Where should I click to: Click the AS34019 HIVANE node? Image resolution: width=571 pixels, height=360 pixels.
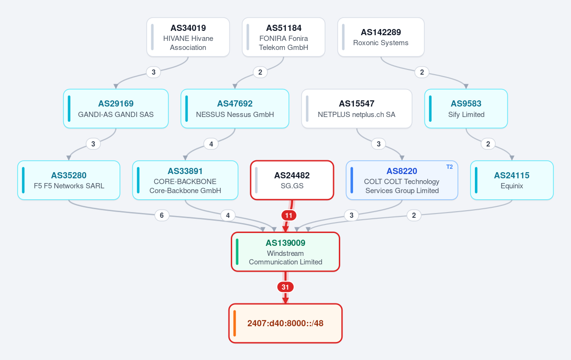tap(188, 37)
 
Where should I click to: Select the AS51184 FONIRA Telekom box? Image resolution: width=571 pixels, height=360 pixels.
tap(284, 37)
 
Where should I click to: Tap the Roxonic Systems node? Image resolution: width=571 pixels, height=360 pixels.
tap(381, 37)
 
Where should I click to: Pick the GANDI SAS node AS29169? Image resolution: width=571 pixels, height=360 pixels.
tap(116, 109)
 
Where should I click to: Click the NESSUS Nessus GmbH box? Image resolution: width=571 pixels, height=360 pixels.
tap(235, 109)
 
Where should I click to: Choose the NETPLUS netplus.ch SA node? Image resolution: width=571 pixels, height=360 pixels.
tap(356, 109)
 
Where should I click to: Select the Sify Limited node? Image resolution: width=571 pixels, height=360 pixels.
tap(466, 109)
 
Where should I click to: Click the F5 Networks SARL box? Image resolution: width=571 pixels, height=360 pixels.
tap(69, 180)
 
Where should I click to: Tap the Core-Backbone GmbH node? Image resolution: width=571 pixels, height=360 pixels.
tap(185, 180)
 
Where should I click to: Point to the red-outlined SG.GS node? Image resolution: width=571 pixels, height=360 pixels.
tap(292, 180)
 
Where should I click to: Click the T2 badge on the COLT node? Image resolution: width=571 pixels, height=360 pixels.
tap(449, 167)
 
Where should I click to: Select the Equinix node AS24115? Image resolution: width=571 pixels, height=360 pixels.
tap(512, 180)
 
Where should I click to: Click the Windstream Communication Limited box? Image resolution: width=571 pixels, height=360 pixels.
tap(285, 252)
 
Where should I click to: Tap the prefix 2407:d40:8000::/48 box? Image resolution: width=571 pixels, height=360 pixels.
tap(285, 323)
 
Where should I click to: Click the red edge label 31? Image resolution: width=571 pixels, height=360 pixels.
tap(285, 287)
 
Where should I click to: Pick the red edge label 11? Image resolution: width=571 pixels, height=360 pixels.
tap(288, 215)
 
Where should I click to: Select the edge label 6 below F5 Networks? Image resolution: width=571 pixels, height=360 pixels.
tap(162, 215)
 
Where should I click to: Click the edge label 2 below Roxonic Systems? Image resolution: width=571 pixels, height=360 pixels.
tap(422, 72)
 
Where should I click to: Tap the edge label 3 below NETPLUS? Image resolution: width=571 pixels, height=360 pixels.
tap(379, 144)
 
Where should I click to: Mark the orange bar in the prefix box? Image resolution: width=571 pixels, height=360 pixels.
tap(235, 323)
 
